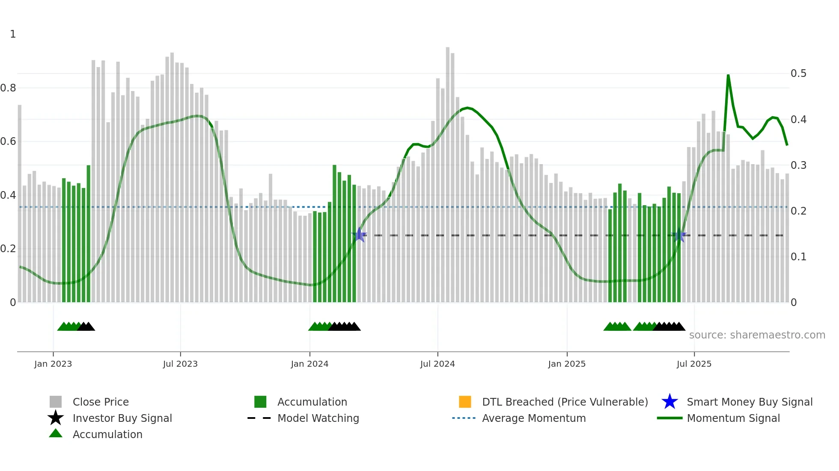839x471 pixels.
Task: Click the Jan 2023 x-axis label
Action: pyautogui.click(x=53, y=364)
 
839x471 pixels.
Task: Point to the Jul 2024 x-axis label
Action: pyautogui.click(x=437, y=364)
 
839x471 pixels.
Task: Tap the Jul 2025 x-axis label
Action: pyautogui.click(x=694, y=364)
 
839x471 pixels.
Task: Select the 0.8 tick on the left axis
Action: pyautogui.click(x=8, y=88)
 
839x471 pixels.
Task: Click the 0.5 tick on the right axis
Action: pyautogui.click(x=798, y=74)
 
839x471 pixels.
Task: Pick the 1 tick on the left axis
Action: pyautogui.click(x=13, y=34)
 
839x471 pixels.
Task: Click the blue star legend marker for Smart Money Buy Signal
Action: pyautogui.click(x=669, y=402)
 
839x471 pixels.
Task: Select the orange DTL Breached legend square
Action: pyautogui.click(x=465, y=402)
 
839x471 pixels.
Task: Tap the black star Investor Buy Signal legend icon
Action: pyautogui.click(x=56, y=418)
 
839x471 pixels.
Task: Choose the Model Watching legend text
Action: pyautogui.click(x=318, y=418)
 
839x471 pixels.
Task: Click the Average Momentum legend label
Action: pyautogui.click(x=534, y=418)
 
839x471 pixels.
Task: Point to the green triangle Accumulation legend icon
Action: pyautogui.click(x=56, y=433)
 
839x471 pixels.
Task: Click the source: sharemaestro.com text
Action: pyautogui.click(x=757, y=335)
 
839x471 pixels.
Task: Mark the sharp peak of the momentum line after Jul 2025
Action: pyautogui.click(x=728, y=76)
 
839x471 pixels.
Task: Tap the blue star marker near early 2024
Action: pyautogui.click(x=360, y=235)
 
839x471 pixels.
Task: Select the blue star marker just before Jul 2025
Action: pyautogui.click(x=679, y=235)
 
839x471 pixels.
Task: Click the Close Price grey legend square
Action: pyautogui.click(x=56, y=402)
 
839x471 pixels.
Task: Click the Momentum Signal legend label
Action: pyautogui.click(x=733, y=418)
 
